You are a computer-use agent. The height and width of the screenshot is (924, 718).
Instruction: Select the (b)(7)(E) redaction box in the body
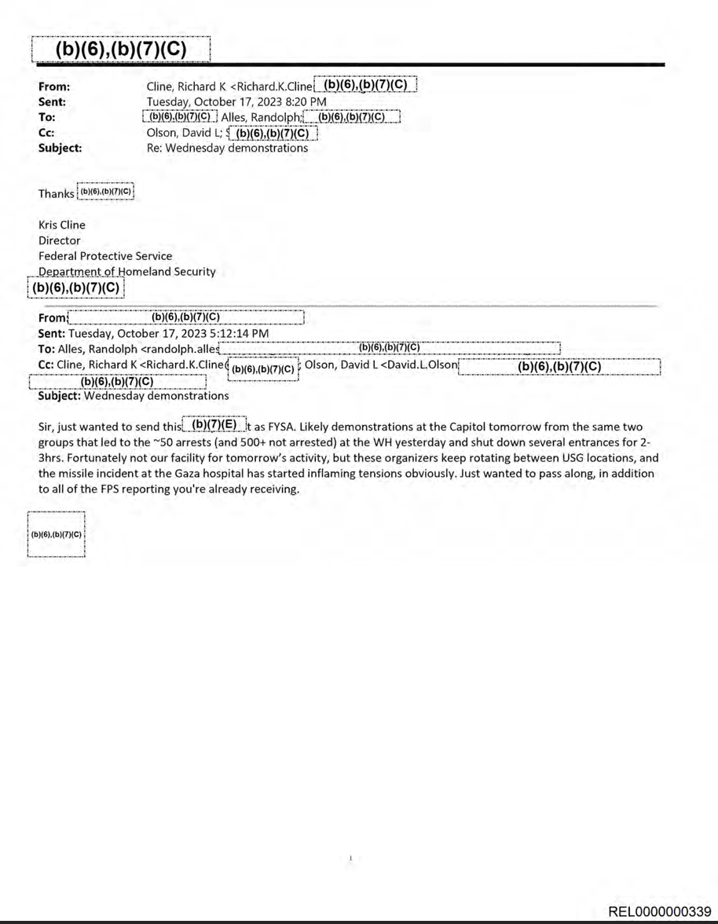(x=214, y=425)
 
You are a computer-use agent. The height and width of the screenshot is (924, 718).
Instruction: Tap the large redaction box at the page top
(x=122, y=49)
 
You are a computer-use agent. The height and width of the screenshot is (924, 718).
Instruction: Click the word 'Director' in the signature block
(x=60, y=240)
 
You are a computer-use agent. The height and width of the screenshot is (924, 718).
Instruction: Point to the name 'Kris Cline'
(x=62, y=225)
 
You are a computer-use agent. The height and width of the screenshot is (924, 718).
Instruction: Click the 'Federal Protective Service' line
(x=105, y=256)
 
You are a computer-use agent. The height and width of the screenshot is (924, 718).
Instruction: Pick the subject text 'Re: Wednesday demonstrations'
(x=228, y=148)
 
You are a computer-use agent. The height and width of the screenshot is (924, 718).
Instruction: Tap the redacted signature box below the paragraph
(x=56, y=534)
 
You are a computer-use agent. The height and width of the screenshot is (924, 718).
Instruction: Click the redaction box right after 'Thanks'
(x=107, y=192)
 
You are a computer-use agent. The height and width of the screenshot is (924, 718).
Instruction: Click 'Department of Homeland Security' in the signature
(x=126, y=272)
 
